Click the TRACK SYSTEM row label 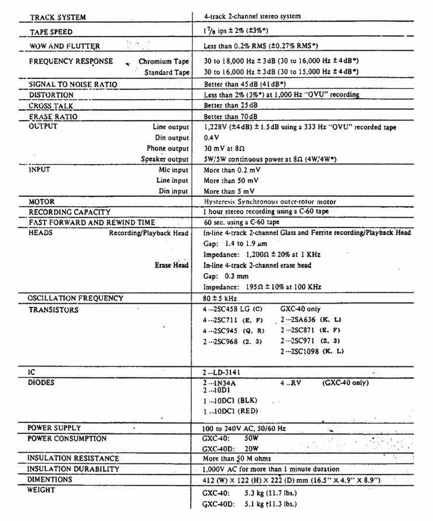click(x=58, y=17)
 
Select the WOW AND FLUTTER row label click(x=64, y=46)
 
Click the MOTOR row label click(x=42, y=202)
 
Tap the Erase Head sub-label click(x=171, y=265)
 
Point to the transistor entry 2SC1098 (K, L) click(x=312, y=351)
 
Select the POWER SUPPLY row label click(x=54, y=428)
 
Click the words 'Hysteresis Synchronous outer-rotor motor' click(x=270, y=202)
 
